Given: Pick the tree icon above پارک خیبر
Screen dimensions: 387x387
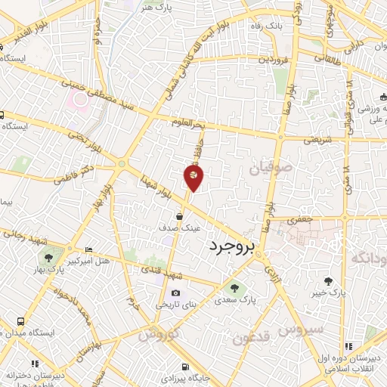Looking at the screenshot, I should [328, 280].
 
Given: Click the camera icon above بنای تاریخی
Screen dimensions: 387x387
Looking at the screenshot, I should [175, 293].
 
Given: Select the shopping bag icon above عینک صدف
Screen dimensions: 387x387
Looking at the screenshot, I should [178, 215].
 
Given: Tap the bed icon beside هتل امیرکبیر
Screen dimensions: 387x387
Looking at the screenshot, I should [89, 250].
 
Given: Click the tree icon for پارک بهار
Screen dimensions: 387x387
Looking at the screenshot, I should [49, 257].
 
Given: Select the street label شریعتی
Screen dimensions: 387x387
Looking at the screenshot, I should [317, 139].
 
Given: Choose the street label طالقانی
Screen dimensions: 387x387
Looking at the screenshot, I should [317, 55].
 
